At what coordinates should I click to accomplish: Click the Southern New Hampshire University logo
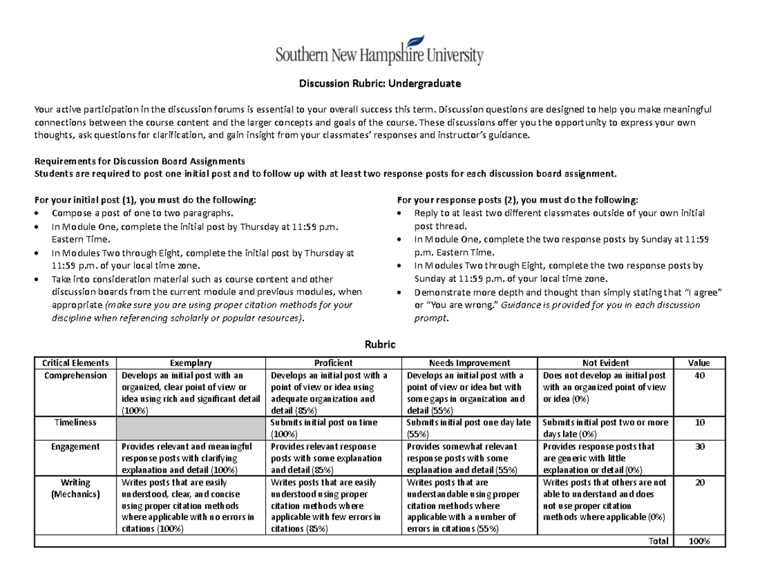(x=379, y=50)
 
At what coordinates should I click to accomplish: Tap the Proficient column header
(x=333, y=363)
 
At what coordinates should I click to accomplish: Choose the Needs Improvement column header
(x=469, y=363)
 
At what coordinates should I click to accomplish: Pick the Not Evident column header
(x=605, y=363)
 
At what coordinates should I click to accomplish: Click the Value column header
(x=699, y=363)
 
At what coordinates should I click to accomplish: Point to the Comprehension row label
(x=75, y=375)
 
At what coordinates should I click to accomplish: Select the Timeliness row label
(x=75, y=422)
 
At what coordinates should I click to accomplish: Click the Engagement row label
(x=75, y=446)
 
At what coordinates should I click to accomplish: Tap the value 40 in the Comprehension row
(x=699, y=375)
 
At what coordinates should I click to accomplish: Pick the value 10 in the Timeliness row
(x=699, y=422)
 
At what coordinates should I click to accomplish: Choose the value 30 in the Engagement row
(x=699, y=446)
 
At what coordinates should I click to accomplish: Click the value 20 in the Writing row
(x=699, y=483)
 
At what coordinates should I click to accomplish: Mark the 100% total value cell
(x=699, y=541)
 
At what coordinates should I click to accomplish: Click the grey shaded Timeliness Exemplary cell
(x=191, y=427)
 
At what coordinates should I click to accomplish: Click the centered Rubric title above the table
(x=379, y=344)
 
